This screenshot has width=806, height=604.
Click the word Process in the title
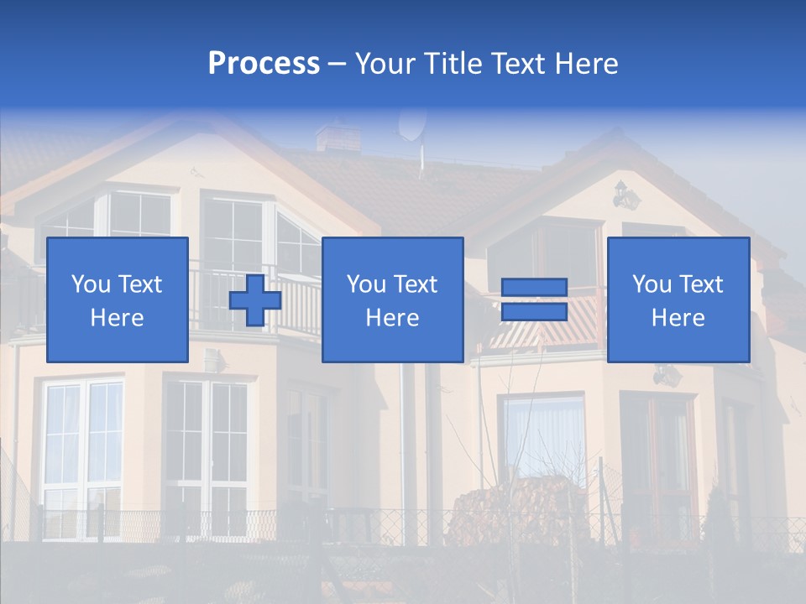coord(264,64)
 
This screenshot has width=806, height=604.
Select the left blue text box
coord(118,300)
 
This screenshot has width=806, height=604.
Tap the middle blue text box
coord(392,300)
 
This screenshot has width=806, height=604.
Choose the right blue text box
coord(678,300)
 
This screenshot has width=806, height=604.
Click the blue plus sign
coord(255,300)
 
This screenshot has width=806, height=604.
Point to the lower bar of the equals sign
coord(534,311)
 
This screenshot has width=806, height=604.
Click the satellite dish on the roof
coord(411,124)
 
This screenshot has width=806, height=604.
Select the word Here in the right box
coord(678,318)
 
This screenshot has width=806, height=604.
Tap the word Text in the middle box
coord(416,284)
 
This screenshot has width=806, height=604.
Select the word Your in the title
coord(386,64)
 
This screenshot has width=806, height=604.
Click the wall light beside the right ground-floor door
coord(665,375)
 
